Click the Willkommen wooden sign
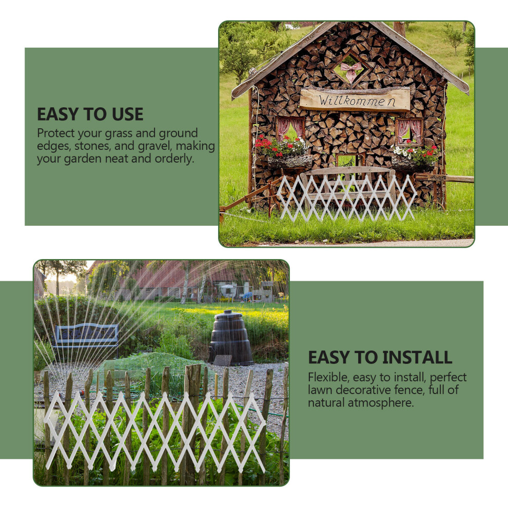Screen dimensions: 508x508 point(355,99)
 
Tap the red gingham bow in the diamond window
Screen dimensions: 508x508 point(351,72)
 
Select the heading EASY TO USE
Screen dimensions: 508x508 point(90,114)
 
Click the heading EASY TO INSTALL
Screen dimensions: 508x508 point(380,357)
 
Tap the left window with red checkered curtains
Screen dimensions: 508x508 point(290,129)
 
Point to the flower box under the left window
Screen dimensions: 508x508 point(290,161)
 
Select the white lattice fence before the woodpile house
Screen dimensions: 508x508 point(346,198)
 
